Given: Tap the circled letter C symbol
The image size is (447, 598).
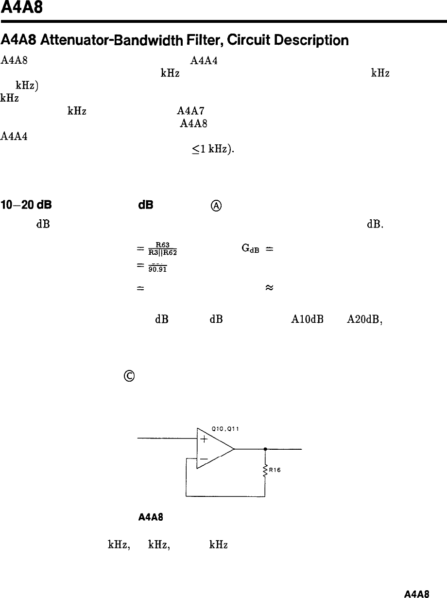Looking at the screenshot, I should click(x=130, y=376).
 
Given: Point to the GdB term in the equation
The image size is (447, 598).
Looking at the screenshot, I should click(x=249, y=246).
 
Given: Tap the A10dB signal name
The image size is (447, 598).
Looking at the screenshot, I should click(x=304, y=320).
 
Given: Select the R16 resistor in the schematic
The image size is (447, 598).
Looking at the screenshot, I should click(x=265, y=471).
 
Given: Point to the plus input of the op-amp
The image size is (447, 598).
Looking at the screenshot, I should click(x=204, y=440).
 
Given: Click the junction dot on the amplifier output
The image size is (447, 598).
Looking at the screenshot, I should click(x=265, y=449).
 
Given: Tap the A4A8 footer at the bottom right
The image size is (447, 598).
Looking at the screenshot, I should click(x=416, y=593).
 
